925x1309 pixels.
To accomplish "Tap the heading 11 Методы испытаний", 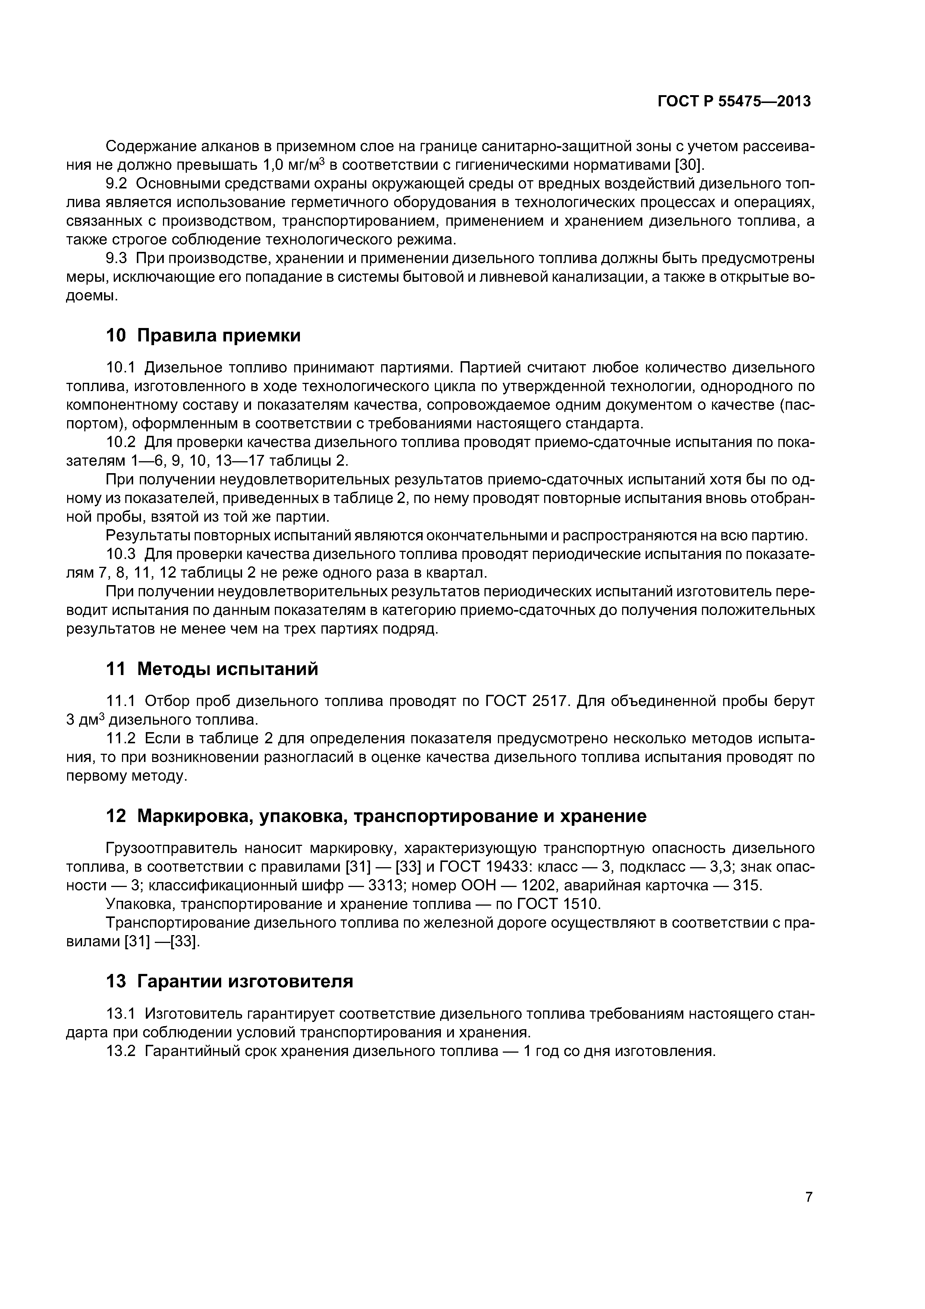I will (x=212, y=669).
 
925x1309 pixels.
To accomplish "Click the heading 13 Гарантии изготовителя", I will (x=230, y=981).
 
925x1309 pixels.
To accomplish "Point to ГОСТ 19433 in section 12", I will (x=484, y=866).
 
